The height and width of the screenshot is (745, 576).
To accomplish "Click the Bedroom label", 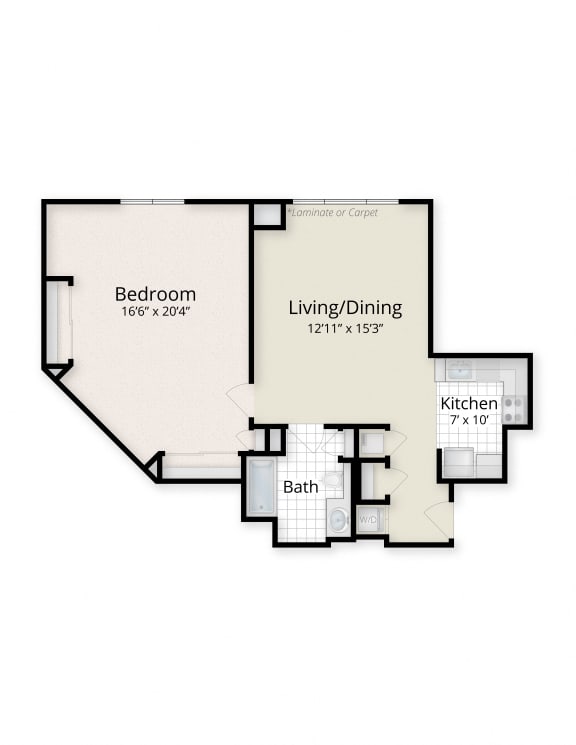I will [155, 294].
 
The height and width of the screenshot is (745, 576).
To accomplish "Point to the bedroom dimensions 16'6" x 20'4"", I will [155, 311].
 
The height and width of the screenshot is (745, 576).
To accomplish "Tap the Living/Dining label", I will [345, 308].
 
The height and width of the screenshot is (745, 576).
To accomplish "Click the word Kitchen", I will [469, 403].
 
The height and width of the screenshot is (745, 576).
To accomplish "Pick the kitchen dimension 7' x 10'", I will [469, 419].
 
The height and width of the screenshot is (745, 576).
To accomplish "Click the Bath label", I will [300, 487].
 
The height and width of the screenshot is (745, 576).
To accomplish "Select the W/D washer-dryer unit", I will [368, 520].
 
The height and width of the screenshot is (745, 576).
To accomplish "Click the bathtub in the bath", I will [261, 487].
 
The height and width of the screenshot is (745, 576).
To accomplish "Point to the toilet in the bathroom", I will [333, 481].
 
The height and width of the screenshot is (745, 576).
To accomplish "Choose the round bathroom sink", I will [338, 519].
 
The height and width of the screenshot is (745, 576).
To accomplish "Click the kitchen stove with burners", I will [512, 407].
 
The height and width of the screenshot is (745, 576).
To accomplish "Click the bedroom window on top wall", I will [152, 202].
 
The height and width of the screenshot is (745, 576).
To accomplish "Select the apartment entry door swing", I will [438, 519].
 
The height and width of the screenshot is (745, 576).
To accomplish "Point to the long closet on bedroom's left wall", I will [58, 322].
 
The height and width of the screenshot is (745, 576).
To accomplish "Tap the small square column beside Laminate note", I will [267, 214].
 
